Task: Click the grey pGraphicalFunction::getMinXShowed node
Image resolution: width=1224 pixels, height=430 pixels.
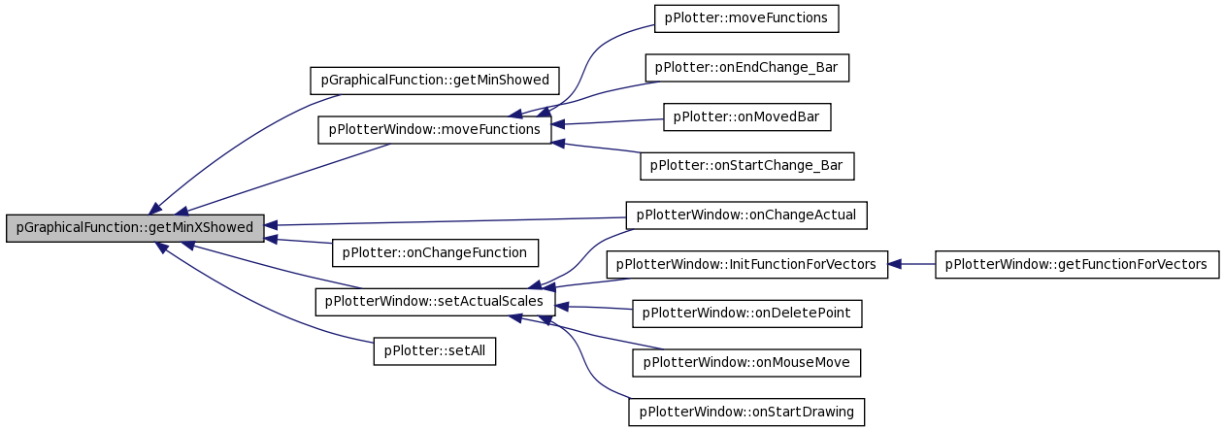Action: click(x=135, y=228)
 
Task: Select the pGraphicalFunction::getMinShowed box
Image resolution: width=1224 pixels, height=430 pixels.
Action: click(x=435, y=81)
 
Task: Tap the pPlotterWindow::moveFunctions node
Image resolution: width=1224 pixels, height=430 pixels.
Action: click(x=435, y=130)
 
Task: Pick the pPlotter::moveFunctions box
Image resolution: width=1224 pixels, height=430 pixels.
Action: click(x=746, y=18)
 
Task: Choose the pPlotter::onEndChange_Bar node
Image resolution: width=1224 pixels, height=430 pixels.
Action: click(x=747, y=68)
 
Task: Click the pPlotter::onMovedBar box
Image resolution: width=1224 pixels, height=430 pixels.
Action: click(x=747, y=116)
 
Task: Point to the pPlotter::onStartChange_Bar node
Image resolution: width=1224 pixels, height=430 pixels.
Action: click(x=747, y=166)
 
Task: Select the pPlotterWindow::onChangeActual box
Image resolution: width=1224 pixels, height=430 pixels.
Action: click(x=746, y=215)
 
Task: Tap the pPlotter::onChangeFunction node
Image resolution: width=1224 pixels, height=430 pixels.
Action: click(x=435, y=253)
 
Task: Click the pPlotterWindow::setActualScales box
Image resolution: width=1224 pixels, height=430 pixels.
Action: click(x=435, y=302)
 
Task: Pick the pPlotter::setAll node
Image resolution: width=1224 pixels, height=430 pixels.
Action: click(x=435, y=351)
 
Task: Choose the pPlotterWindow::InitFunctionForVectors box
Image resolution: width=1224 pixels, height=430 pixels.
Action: click(x=747, y=264)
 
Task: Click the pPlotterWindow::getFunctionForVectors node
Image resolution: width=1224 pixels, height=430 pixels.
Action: click(x=1077, y=264)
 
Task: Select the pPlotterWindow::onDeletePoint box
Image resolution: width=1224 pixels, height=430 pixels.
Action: click(x=747, y=314)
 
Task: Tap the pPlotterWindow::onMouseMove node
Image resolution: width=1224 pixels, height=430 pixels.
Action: click(x=746, y=363)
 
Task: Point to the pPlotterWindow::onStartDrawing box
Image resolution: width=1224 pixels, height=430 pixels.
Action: click(x=746, y=412)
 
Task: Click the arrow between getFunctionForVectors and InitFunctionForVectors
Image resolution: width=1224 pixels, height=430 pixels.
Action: click(x=911, y=264)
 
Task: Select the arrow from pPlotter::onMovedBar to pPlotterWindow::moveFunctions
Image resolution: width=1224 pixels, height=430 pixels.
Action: click(x=608, y=122)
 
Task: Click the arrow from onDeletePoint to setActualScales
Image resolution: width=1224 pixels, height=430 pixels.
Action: click(x=594, y=308)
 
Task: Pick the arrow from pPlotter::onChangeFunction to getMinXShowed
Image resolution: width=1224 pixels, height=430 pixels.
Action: click(x=298, y=241)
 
